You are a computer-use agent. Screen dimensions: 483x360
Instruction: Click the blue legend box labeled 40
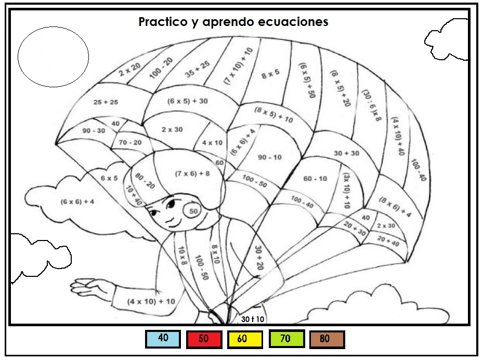tap(163, 339)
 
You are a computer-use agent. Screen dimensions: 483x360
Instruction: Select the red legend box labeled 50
tap(204, 340)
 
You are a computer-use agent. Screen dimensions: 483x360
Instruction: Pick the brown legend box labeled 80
tap(326, 340)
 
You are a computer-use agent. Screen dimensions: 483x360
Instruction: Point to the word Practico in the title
tap(162, 22)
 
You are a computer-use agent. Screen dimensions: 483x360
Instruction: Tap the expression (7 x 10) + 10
tap(238, 65)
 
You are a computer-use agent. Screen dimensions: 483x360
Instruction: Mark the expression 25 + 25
tap(106, 102)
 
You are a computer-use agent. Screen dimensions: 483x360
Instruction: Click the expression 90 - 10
tap(270, 157)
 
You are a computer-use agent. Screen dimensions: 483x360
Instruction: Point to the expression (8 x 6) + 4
tap(395, 207)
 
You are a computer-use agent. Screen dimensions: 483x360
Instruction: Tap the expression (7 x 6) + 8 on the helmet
tap(192, 174)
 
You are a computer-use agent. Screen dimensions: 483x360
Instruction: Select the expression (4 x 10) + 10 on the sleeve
tap(151, 301)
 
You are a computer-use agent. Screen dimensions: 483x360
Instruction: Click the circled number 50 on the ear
tap(193, 211)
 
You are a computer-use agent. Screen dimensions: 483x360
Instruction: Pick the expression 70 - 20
tap(130, 142)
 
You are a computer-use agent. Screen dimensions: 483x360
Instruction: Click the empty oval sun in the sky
tap(53, 57)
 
